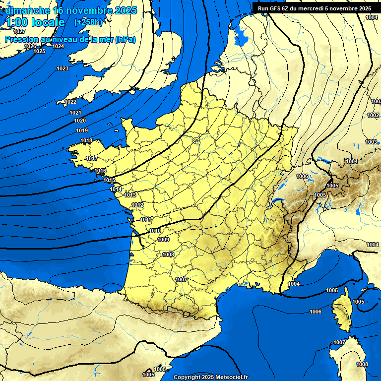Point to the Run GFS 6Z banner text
[x=314, y=8]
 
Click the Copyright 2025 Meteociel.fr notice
[x=210, y=377]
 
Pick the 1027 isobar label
[x=19, y=45]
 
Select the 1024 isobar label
[x=58, y=46]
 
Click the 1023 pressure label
[x=63, y=68]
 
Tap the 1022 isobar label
[x=70, y=102]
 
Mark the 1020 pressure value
[x=79, y=121]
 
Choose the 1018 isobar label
[x=86, y=141]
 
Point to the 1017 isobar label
[x=92, y=158]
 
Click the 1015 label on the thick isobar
[x=110, y=180]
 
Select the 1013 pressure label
[x=130, y=195]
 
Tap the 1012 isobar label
[x=137, y=205]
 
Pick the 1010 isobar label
[x=154, y=231]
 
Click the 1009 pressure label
[x=163, y=240]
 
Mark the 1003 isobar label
[x=371, y=142]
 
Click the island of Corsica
[x=342, y=313]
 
